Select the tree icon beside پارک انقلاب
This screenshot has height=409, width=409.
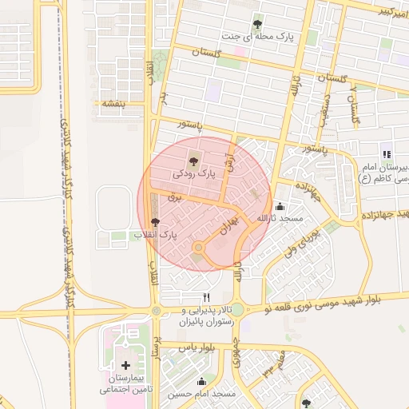155,223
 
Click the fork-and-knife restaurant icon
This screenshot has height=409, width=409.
207,297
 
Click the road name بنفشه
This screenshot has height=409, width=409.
109,103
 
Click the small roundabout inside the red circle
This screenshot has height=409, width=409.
197,248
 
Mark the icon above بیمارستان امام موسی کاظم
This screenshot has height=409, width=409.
387,154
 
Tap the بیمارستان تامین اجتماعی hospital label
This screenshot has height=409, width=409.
125,384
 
